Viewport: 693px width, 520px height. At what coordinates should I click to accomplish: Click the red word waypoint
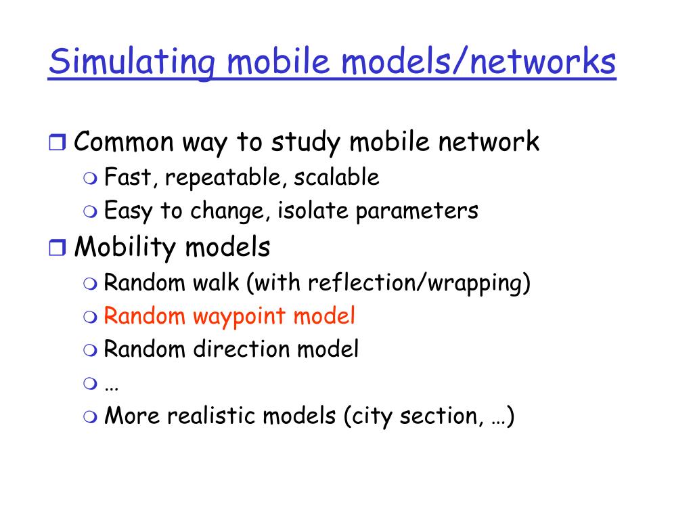pos(241,316)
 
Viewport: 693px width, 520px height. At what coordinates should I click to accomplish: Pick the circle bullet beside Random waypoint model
pos(91,316)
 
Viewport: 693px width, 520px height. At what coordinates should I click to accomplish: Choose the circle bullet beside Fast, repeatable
pos(91,179)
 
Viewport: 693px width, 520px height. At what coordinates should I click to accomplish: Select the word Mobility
pos(125,248)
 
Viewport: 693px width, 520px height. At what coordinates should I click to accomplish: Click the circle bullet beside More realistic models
pos(91,416)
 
